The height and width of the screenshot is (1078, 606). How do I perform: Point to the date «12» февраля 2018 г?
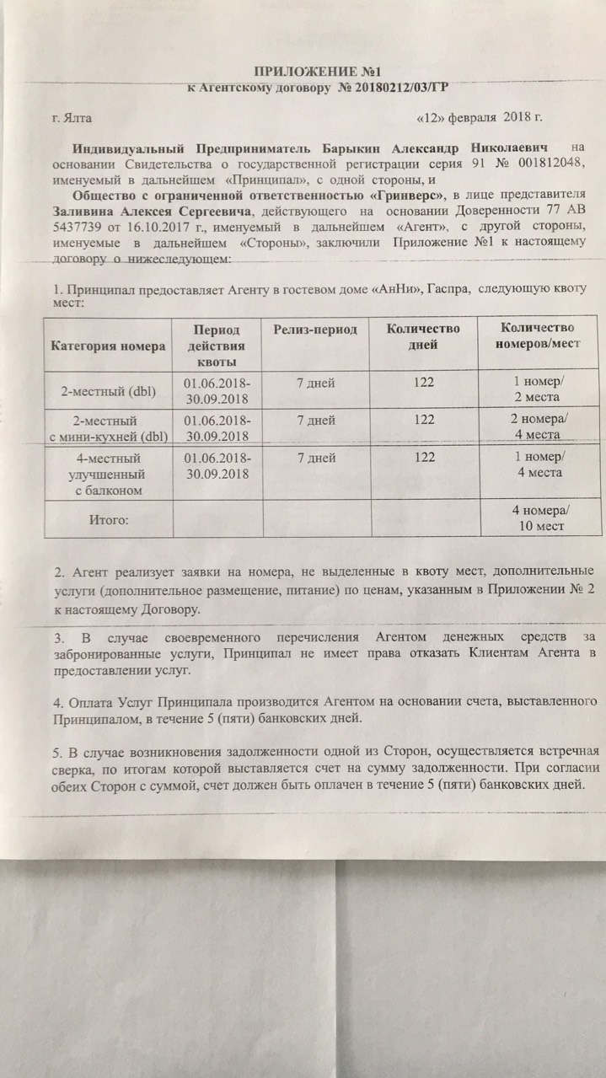click(x=480, y=118)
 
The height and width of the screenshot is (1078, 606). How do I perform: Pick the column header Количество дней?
click(x=423, y=336)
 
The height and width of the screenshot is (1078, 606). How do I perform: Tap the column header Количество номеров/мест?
click(x=538, y=336)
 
